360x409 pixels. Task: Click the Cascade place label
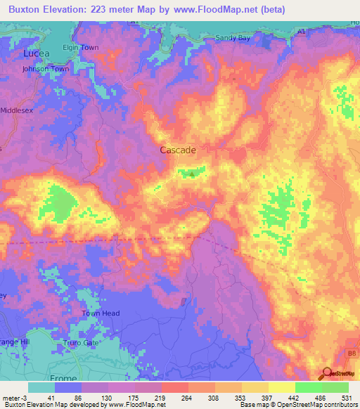(178, 150)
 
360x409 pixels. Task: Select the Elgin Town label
(81, 48)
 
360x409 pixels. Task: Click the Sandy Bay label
(233, 38)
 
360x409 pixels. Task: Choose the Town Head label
(101, 313)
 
